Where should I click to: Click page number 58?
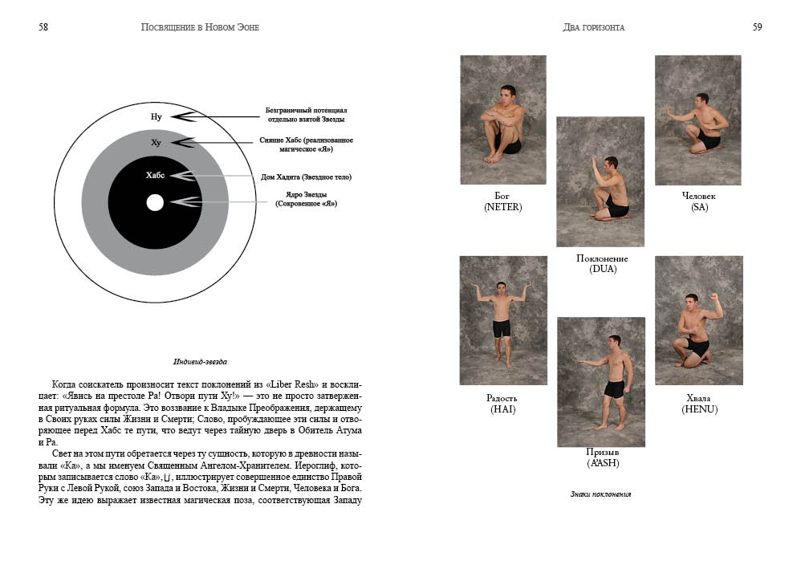(x=43, y=27)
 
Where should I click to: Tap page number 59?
(x=757, y=27)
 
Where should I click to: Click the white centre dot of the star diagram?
(x=155, y=203)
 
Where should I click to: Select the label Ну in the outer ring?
(x=157, y=117)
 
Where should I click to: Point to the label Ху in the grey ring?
(x=156, y=143)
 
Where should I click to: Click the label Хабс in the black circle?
(x=155, y=176)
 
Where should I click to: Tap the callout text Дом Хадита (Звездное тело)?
(x=306, y=177)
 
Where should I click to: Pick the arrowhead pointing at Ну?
(x=184, y=116)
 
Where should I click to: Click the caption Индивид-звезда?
(x=200, y=362)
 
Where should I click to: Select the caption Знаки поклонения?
(x=600, y=494)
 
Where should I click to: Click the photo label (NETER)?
(x=502, y=207)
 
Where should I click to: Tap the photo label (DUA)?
(x=603, y=269)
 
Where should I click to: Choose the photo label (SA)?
(x=699, y=207)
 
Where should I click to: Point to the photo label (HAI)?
(x=502, y=409)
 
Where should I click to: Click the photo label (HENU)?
(x=699, y=409)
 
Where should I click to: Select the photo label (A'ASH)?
(x=603, y=463)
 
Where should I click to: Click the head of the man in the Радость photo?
(x=501, y=288)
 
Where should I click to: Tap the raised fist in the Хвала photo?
(x=714, y=297)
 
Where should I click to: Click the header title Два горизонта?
(x=594, y=27)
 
